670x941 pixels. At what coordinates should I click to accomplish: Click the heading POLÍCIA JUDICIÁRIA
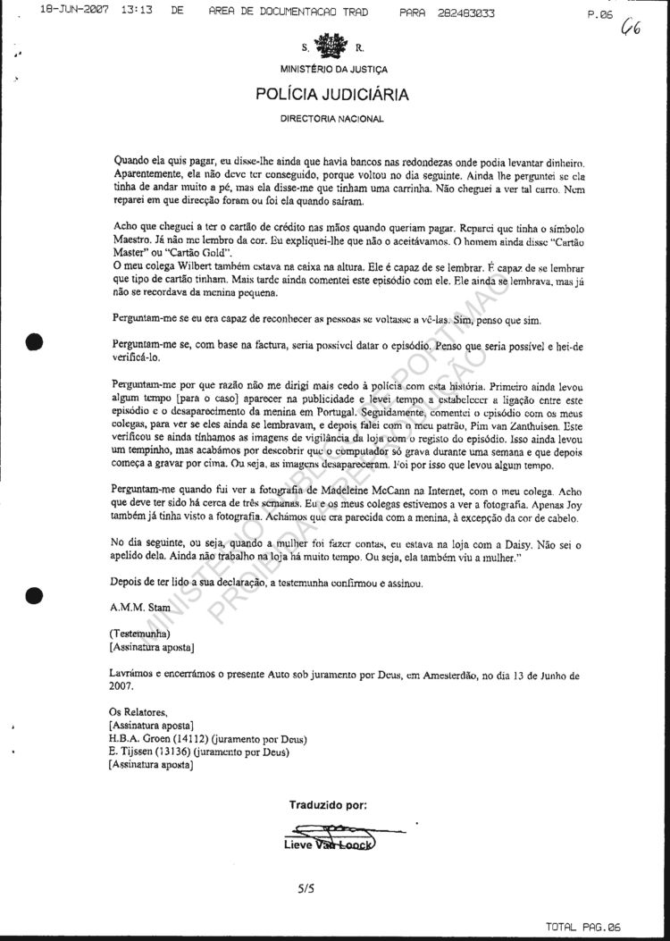332,94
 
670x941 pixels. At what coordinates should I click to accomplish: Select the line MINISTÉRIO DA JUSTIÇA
333,69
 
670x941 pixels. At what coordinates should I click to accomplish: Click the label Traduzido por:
328,804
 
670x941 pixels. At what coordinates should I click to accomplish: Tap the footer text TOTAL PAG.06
603,928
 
